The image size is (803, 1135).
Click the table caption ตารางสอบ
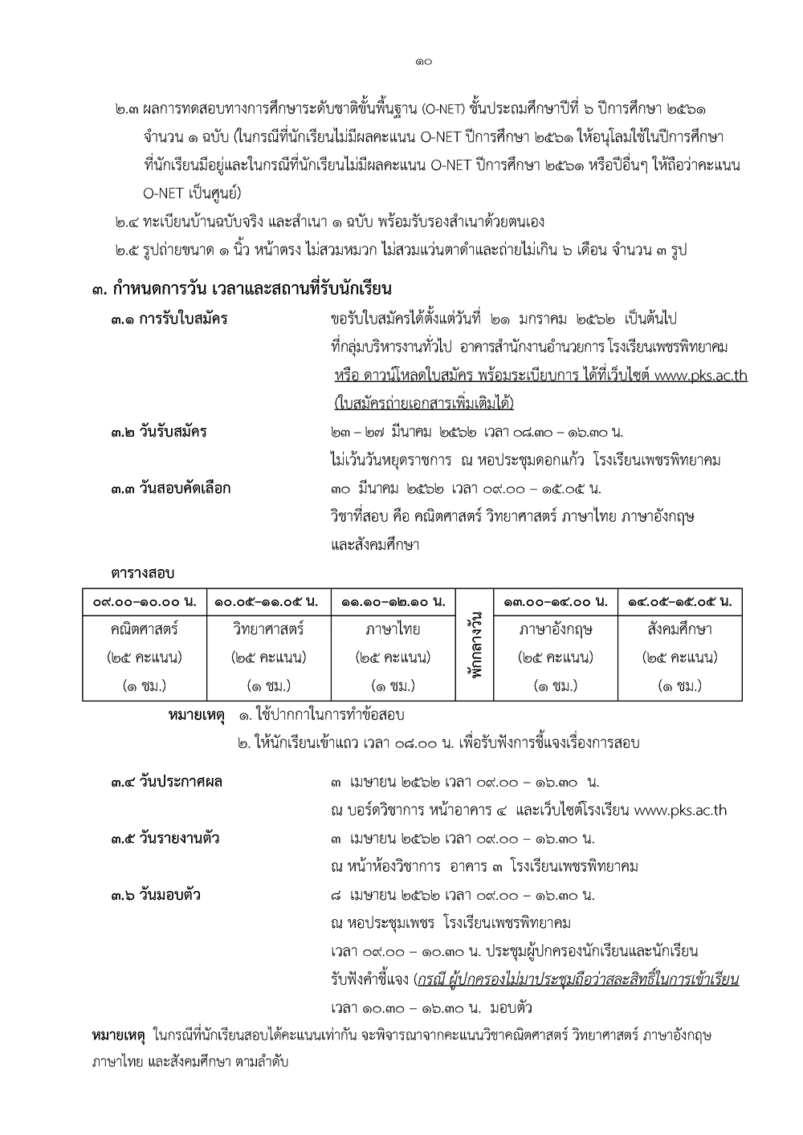pos(142,573)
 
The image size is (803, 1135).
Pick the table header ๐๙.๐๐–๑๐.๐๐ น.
pos(144,601)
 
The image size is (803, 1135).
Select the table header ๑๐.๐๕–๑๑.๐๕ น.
pos(267,601)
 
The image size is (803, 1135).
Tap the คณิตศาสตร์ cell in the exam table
pos(144,629)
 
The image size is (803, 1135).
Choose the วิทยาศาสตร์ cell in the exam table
pos(267,629)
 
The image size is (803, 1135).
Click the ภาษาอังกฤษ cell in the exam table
pos(556,629)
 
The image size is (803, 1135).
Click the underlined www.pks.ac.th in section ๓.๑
pos(701,376)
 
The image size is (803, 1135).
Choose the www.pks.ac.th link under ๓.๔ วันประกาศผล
pos(680,811)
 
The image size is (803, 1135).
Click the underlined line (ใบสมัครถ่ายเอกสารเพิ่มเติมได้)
pos(422,403)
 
